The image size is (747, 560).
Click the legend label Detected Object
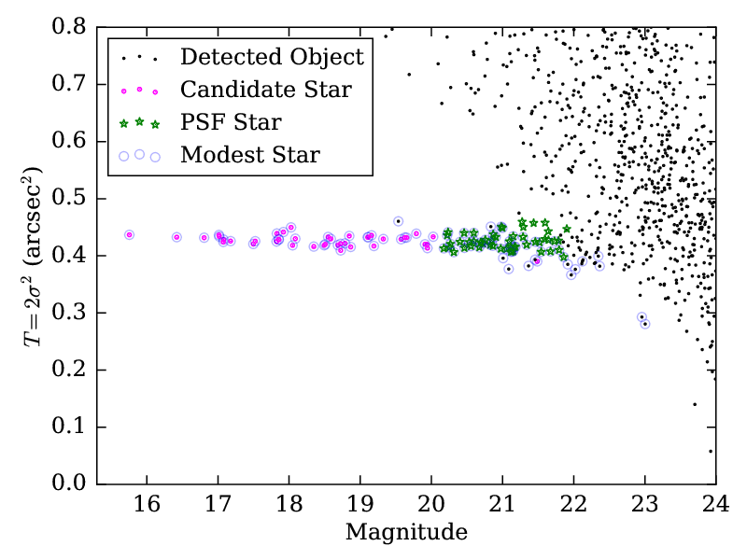[x=272, y=57]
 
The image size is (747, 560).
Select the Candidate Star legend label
[x=265, y=90]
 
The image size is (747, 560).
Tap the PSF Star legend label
[x=231, y=122]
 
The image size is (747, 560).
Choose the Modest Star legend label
[x=250, y=155]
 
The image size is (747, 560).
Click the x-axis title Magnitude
[x=406, y=533]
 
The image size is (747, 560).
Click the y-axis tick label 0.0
[x=72, y=484]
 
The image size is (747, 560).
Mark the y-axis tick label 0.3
[x=72, y=313]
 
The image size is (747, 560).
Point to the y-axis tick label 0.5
[x=72, y=199]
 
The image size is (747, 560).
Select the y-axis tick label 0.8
[x=72, y=27]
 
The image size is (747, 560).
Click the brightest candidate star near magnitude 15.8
[x=129, y=234]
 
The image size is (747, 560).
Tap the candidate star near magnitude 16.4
[x=176, y=237]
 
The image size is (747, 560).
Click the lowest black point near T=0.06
[x=711, y=451]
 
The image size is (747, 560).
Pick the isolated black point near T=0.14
[x=695, y=404]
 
